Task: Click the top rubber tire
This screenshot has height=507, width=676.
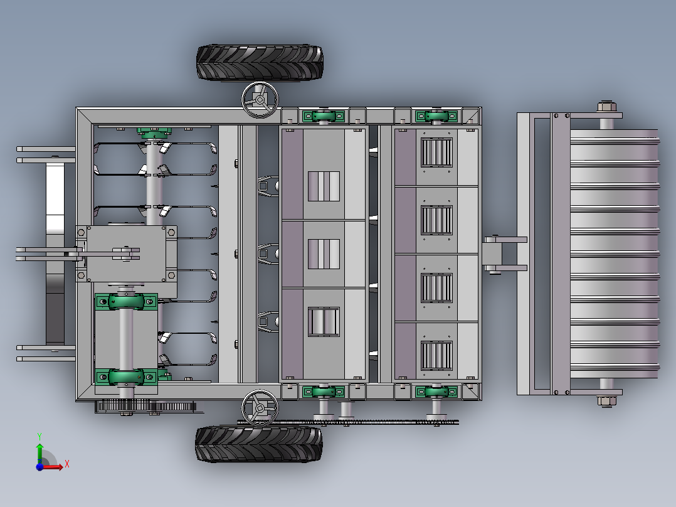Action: pos(260,63)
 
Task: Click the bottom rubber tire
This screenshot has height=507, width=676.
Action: pos(258,444)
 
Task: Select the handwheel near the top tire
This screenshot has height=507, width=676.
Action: pos(260,100)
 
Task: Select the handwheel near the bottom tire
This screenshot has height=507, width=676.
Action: pos(260,408)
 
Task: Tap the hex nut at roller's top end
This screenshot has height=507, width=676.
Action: pos(606,106)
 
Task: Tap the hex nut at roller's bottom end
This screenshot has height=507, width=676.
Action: pos(606,402)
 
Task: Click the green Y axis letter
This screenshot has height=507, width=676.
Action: pos(40,436)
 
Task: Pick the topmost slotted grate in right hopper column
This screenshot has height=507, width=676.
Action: pos(436,152)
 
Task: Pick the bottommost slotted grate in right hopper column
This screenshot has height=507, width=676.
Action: pos(436,356)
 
